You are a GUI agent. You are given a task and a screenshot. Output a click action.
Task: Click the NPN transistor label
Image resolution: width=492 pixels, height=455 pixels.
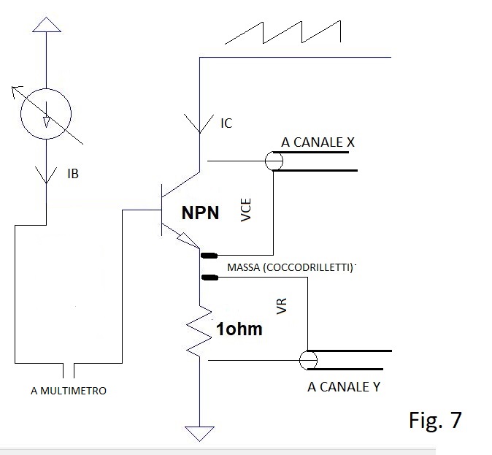200,213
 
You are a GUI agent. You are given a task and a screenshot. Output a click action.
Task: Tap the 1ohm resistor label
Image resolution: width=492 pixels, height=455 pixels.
239,329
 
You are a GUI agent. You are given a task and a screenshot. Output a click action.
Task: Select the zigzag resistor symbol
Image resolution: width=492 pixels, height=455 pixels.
199,331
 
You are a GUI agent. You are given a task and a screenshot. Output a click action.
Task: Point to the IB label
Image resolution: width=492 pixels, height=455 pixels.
73,174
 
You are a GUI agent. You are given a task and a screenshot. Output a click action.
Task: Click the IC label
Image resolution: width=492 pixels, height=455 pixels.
226,123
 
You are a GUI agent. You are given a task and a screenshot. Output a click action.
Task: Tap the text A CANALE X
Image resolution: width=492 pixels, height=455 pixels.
318,142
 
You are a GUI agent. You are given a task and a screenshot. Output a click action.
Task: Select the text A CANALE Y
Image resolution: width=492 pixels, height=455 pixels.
344,387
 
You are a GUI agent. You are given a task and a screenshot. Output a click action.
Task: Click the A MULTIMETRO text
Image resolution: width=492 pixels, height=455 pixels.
69,391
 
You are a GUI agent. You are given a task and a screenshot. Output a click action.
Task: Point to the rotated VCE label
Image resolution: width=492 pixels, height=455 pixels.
246,210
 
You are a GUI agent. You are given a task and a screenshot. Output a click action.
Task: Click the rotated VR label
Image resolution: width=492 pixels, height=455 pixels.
282,306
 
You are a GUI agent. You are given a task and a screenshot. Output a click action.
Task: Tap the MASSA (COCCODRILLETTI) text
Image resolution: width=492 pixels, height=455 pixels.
291,267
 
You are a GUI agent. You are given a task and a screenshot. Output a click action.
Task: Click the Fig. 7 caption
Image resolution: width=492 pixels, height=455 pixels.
435,420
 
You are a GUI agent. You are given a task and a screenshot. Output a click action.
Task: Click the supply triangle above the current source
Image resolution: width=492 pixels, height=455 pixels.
47,25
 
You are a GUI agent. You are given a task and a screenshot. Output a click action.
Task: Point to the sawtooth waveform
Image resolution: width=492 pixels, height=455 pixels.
282,32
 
